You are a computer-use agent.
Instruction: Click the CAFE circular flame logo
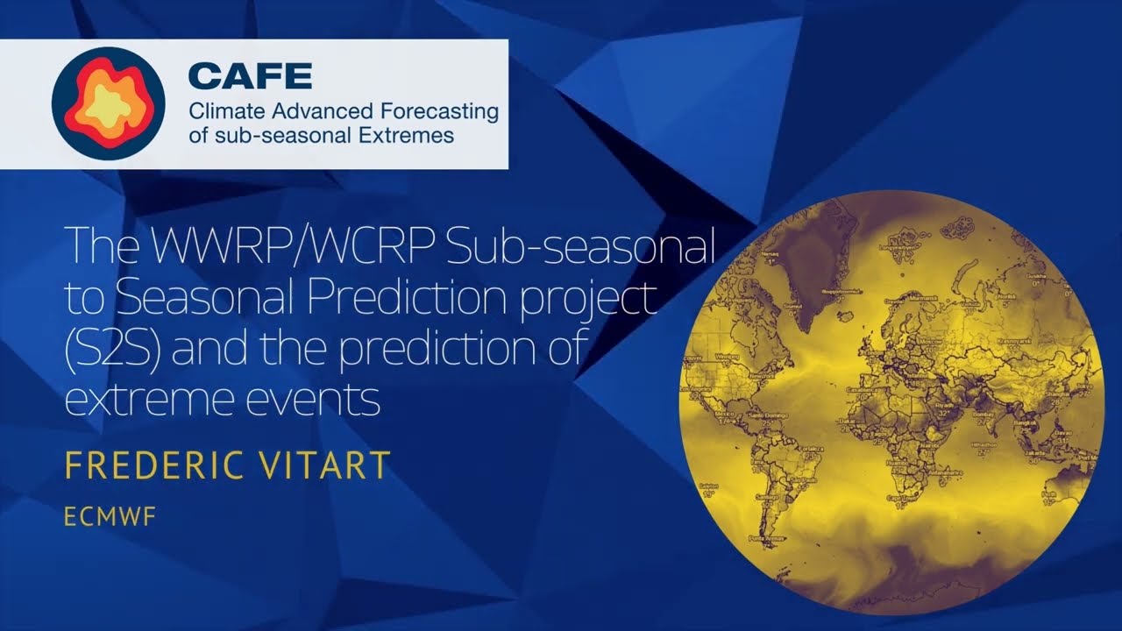click(x=109, y=103)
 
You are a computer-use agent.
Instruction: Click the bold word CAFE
click(x=250, y=76)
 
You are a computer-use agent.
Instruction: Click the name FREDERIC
click(x=150, y=466)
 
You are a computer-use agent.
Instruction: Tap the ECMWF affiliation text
click(x=109, y=517)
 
